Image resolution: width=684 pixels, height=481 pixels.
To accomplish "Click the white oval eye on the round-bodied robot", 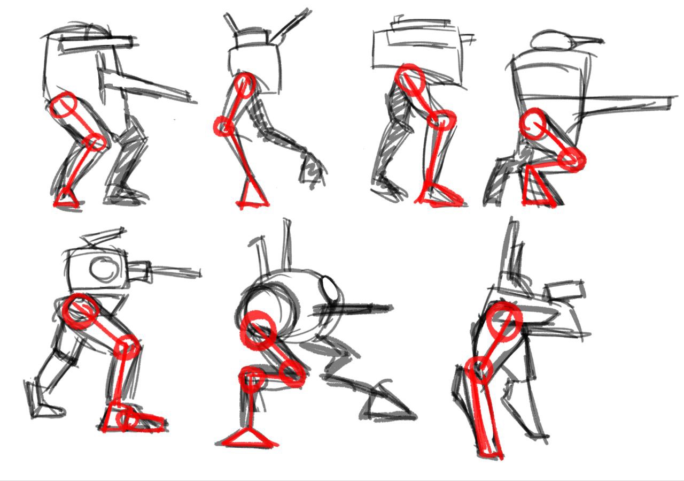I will point(329,290).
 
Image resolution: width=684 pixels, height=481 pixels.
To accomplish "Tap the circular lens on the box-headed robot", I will point(104,269).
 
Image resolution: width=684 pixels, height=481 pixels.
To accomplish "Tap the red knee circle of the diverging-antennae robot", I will point(223,127).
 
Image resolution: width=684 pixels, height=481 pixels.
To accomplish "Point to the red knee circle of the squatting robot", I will point(572,158).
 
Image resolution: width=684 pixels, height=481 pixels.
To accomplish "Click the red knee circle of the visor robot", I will point(96,142).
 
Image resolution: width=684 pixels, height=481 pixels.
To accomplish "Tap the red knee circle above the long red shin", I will point(478,369).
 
